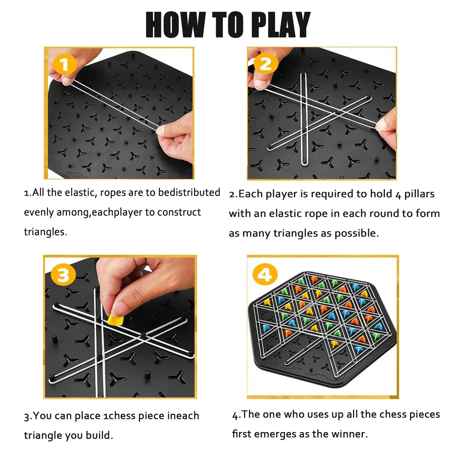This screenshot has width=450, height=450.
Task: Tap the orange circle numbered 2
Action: [265, 64]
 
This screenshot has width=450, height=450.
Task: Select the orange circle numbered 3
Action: [63, 275]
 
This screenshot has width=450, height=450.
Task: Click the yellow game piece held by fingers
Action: [115, 320]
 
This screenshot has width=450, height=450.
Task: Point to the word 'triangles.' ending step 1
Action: [45, 232]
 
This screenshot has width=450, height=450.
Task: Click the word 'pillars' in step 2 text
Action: [419, 194]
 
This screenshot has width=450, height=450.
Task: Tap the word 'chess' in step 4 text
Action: [392, 414]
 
